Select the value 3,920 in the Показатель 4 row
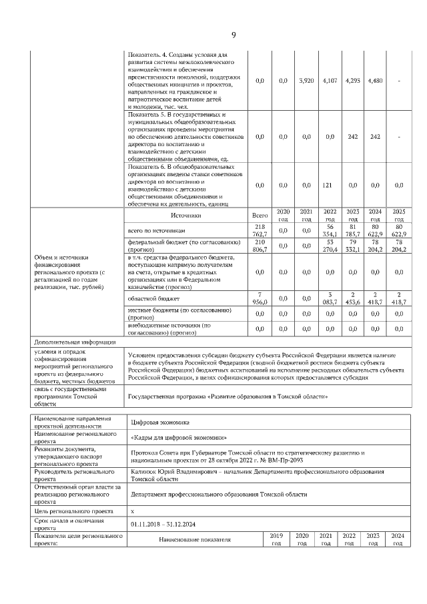tap(306, 81)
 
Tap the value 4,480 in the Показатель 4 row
tap(375, 81)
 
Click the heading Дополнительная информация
tap(71, 342)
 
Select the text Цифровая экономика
tap(161, 422)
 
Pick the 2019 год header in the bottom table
tap(276, 539)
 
